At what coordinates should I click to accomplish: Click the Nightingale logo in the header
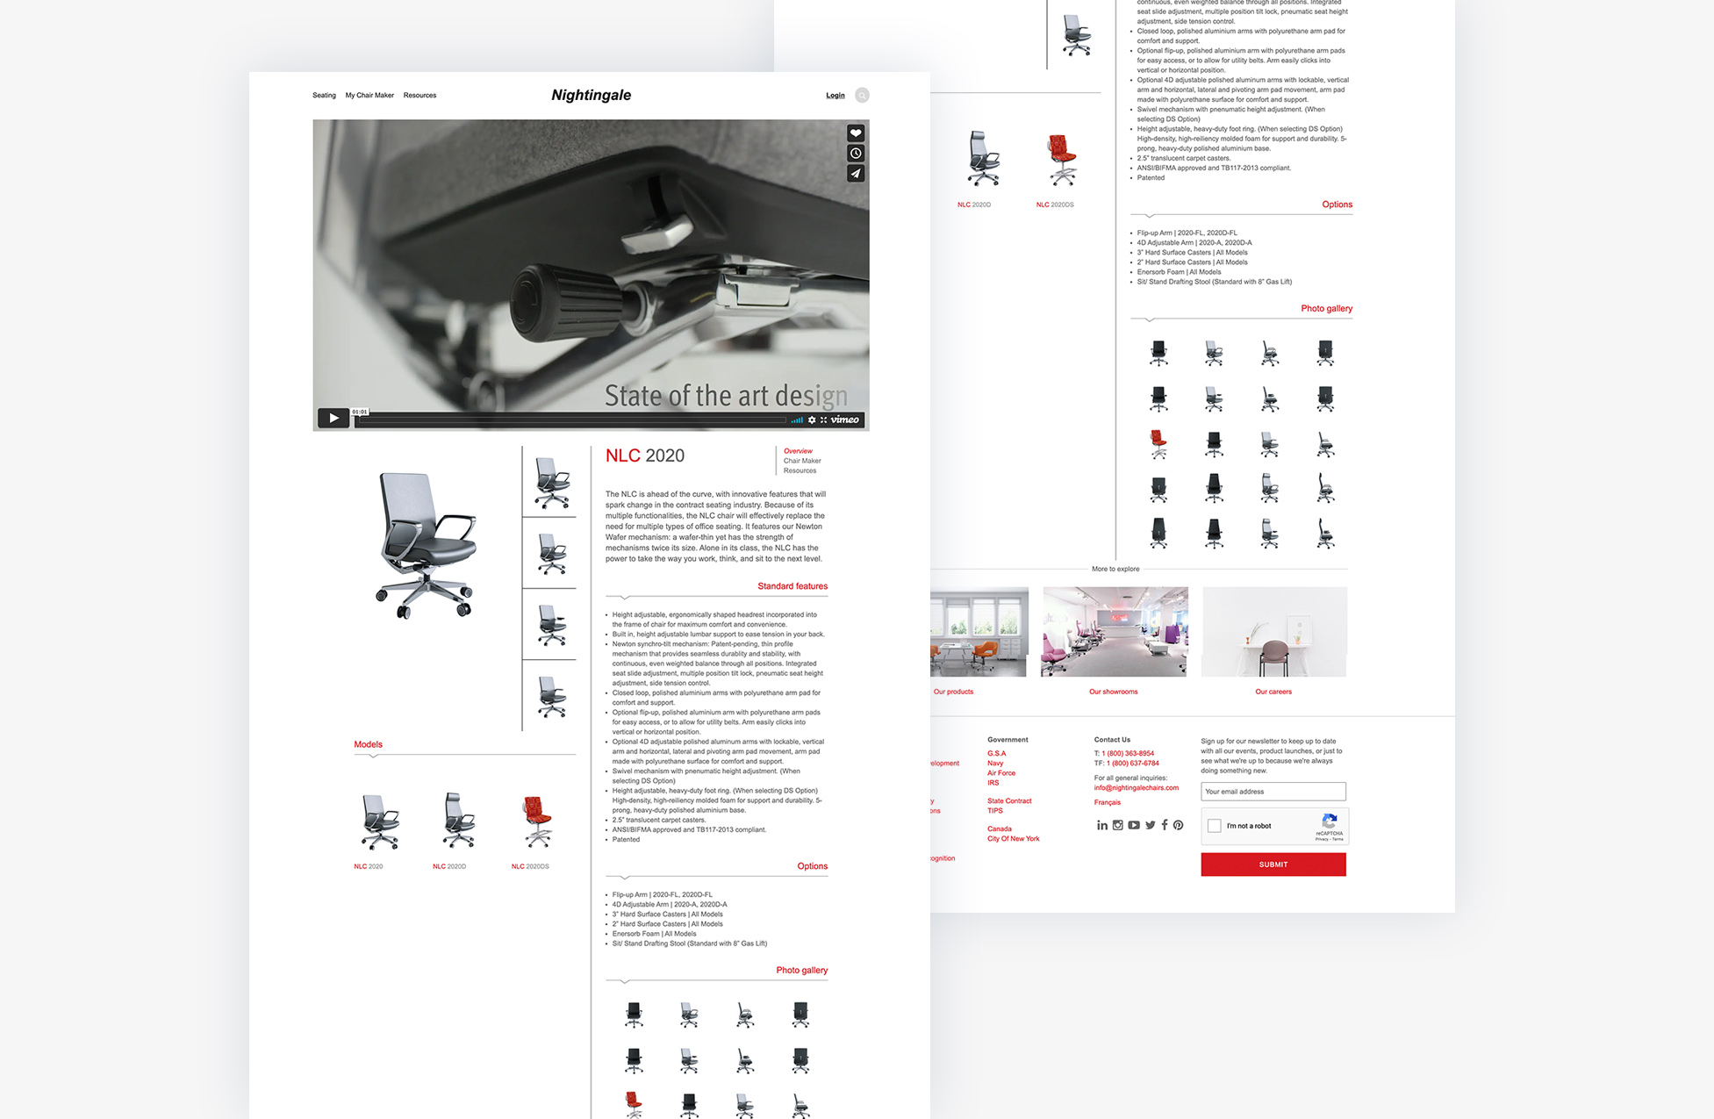pyautogui.click(x=591, y=95)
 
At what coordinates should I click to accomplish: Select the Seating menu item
pyautogui.click(x=324, y=96)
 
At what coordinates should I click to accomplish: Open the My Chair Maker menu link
pyautogui.click(x=369, y=96)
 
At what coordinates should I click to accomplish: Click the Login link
pyautogui.click(x=835, y=96)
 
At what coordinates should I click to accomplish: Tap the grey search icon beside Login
pyautogui.click(x=862, y=96)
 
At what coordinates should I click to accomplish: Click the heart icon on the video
pyautogui.click(x=856, y=133)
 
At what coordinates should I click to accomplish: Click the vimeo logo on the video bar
pyautogui.click(x=845, y=420)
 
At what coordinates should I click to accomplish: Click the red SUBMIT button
pyautogui.click(x=1273, y=864)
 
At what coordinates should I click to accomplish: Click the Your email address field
pyautogui.click(x=1273, y=792)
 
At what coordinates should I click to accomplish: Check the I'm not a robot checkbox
pyautogui.click(x=1215, y=826)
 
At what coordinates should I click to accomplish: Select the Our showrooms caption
pyautogui.click(x=1113, y=692)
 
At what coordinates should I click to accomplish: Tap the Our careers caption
pyautogui.click(x=1273, y=692)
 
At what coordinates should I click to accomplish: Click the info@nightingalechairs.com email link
pyautogui.click(x=1136, y=788)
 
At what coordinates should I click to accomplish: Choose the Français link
pyautogui.click(x=1107, y=802)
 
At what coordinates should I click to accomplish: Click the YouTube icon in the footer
pyautogui.click(x=1134, y=825)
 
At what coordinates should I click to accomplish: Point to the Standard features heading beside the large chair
pyautogui.click(x=792, y=586)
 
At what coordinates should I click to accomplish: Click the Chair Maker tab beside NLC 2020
pyautogui.click(x=802, y=461)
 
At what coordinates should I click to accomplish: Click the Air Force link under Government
pyautogui.click(x=1000, y=773)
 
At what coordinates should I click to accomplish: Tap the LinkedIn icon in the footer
pyautogui.click(x=1101, y=825)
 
